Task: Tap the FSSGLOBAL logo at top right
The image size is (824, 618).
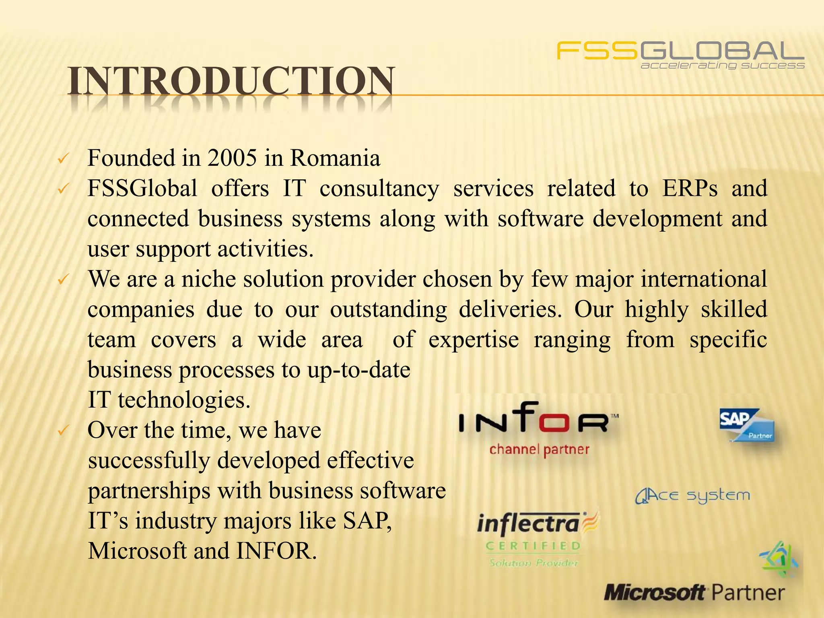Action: pos(680,51)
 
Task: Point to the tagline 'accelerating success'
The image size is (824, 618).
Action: pos(722,66)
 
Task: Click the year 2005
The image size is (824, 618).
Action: pos(232,158)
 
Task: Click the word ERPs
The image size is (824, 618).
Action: pos(690,188)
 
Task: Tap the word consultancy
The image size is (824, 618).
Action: pos(379,189)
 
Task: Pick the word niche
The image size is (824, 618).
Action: pos(208,279)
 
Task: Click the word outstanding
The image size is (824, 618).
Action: pos(388,309)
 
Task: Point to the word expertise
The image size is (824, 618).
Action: pos(473,340)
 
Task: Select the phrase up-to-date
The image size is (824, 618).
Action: pos(358,370)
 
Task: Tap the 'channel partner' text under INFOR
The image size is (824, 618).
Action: pos(539,449)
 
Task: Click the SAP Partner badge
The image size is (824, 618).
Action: pos(747,425)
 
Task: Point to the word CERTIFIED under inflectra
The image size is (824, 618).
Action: pos(534,546)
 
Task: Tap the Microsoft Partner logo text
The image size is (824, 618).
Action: pos(694,593)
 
